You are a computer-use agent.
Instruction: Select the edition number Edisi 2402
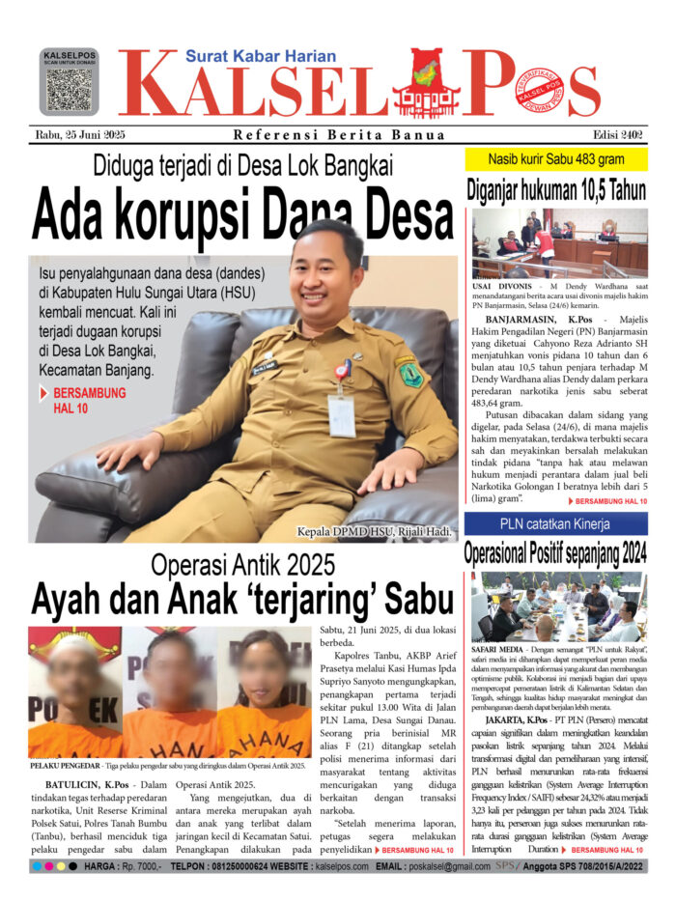(x=612, y=134)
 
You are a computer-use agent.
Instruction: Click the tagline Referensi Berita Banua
(x=339, y=135)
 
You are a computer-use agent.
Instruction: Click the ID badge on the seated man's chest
(x=342, y=414)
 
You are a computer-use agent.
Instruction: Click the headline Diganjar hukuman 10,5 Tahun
(x=555, y=188)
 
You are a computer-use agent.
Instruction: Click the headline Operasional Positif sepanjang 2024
(x=555, y=555)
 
